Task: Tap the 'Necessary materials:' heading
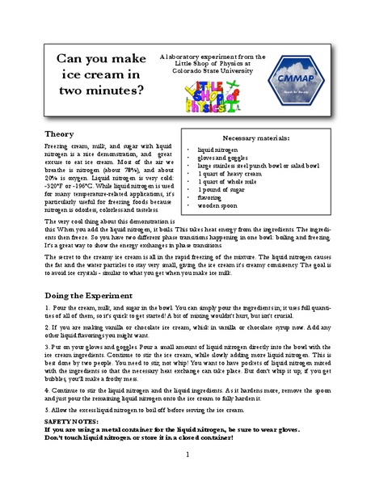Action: pos(255,138)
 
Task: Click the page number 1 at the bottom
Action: pos(187,455)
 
